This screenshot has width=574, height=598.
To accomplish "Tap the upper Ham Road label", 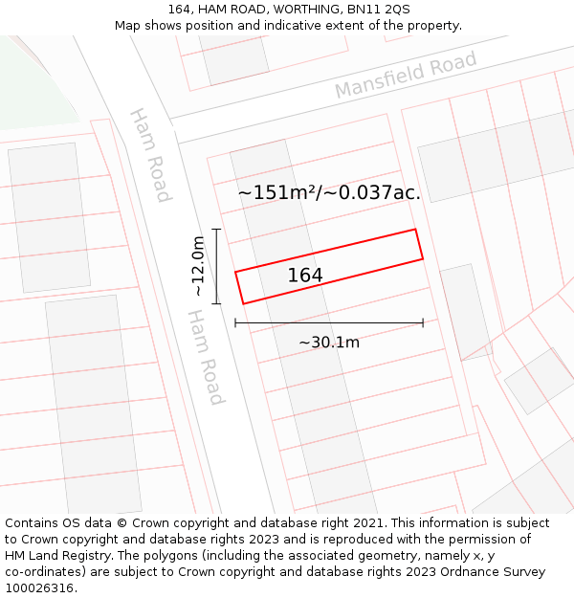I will [150, 155].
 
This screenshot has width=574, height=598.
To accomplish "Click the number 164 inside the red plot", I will [305, 276].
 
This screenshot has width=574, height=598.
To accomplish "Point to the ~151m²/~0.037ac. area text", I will [329, 192].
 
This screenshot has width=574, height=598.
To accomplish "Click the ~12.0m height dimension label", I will [198, 266].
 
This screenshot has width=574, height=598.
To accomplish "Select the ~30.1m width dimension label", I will [329, 343].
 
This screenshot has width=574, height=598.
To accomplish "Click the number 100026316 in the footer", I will [39, 587].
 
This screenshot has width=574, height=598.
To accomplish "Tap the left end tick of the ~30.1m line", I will [235, 323].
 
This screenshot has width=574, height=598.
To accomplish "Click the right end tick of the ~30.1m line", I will [423, 323].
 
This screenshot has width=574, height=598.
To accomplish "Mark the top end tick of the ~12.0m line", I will [216, 230].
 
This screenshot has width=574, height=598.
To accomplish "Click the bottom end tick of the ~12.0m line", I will [216, 304].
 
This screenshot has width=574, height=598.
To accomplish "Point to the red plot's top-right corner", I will [415, 230].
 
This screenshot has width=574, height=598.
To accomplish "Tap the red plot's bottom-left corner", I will [244, 304].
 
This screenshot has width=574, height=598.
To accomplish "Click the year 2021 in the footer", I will [369, 523].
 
